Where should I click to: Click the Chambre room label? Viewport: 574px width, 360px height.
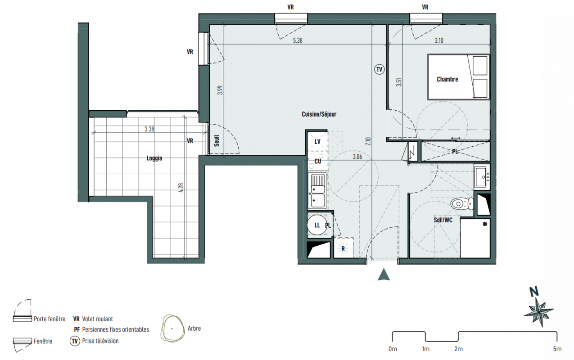point(447,80)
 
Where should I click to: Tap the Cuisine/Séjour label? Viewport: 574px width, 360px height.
point(319,114)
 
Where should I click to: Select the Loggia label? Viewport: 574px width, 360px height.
point(154,158)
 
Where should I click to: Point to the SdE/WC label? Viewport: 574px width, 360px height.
point(443,220)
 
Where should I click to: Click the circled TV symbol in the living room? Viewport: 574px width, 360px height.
point(379,69)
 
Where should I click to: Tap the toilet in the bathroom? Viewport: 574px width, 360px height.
point(462,204)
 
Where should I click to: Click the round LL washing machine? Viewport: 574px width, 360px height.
point(317,225)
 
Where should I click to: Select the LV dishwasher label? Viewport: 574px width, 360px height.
point(317,142)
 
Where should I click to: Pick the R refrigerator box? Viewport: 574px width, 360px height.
point(343,247)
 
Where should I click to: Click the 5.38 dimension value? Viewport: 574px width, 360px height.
point(298,40)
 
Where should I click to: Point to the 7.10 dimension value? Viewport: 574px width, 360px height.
point(369,141)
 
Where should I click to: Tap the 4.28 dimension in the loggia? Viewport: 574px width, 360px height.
point(181,188)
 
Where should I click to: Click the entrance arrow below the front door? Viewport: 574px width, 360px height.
point(384,274)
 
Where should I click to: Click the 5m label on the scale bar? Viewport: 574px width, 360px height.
point(557,349)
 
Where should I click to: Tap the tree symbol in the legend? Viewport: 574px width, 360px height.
point(172,328)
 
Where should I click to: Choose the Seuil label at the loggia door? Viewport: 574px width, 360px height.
point(217,141)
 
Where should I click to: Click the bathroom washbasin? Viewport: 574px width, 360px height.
point(482,176)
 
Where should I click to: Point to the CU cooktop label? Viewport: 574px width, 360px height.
point(318,162)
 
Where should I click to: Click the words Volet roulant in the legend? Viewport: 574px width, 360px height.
point(97,319)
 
